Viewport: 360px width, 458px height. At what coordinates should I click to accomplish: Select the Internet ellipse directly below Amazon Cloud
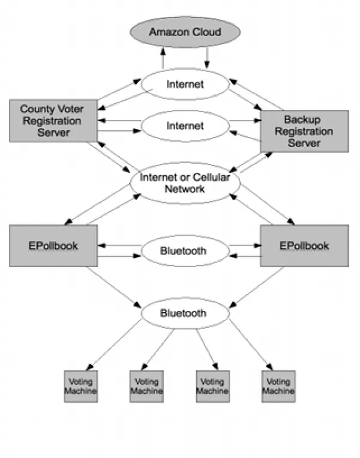(185, 84)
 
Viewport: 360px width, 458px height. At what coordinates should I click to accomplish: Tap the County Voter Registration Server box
(53, 120)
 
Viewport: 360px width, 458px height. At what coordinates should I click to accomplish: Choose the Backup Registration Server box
(304, 131)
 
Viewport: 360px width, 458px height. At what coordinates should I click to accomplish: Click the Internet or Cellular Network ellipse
(185, 183)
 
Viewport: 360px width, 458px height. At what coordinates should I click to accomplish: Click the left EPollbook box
(53, 246)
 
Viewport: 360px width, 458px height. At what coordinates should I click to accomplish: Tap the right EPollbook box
(304, 246)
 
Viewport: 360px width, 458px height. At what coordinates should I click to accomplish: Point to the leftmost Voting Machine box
(80, 386)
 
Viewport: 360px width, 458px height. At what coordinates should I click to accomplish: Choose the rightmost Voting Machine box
(278, 386)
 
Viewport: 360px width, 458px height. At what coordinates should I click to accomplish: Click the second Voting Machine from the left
(146, 386)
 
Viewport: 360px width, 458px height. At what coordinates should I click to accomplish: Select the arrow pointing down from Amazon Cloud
(207, 59)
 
